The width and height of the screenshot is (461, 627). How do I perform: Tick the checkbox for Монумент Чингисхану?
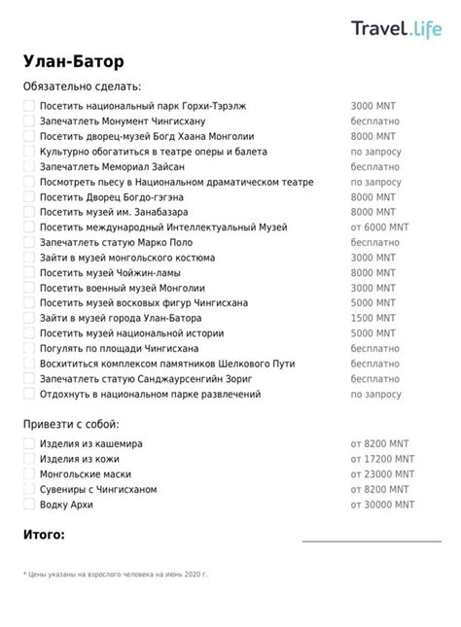[x=29, y=122]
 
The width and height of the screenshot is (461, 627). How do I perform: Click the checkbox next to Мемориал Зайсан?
[x=29, y=166]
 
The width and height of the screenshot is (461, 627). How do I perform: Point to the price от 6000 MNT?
[x=379, y=226]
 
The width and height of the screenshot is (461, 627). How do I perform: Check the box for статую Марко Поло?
[x=29, y=242]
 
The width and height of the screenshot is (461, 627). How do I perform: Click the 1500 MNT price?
[x=372, y=318]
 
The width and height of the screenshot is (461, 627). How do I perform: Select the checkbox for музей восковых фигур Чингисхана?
[x=29, y=302]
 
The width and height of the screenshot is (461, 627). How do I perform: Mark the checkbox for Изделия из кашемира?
[x=29, y=443]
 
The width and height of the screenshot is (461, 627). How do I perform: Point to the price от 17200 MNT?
[x=382, y=459]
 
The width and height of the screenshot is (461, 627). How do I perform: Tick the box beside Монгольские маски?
[x=29, y=474]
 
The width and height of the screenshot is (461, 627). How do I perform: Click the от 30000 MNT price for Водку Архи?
[x=382, y=505]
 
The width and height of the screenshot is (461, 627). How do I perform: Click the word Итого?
[x=45, y=535]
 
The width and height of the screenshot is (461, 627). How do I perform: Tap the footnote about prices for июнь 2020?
[x=116, y=575]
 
